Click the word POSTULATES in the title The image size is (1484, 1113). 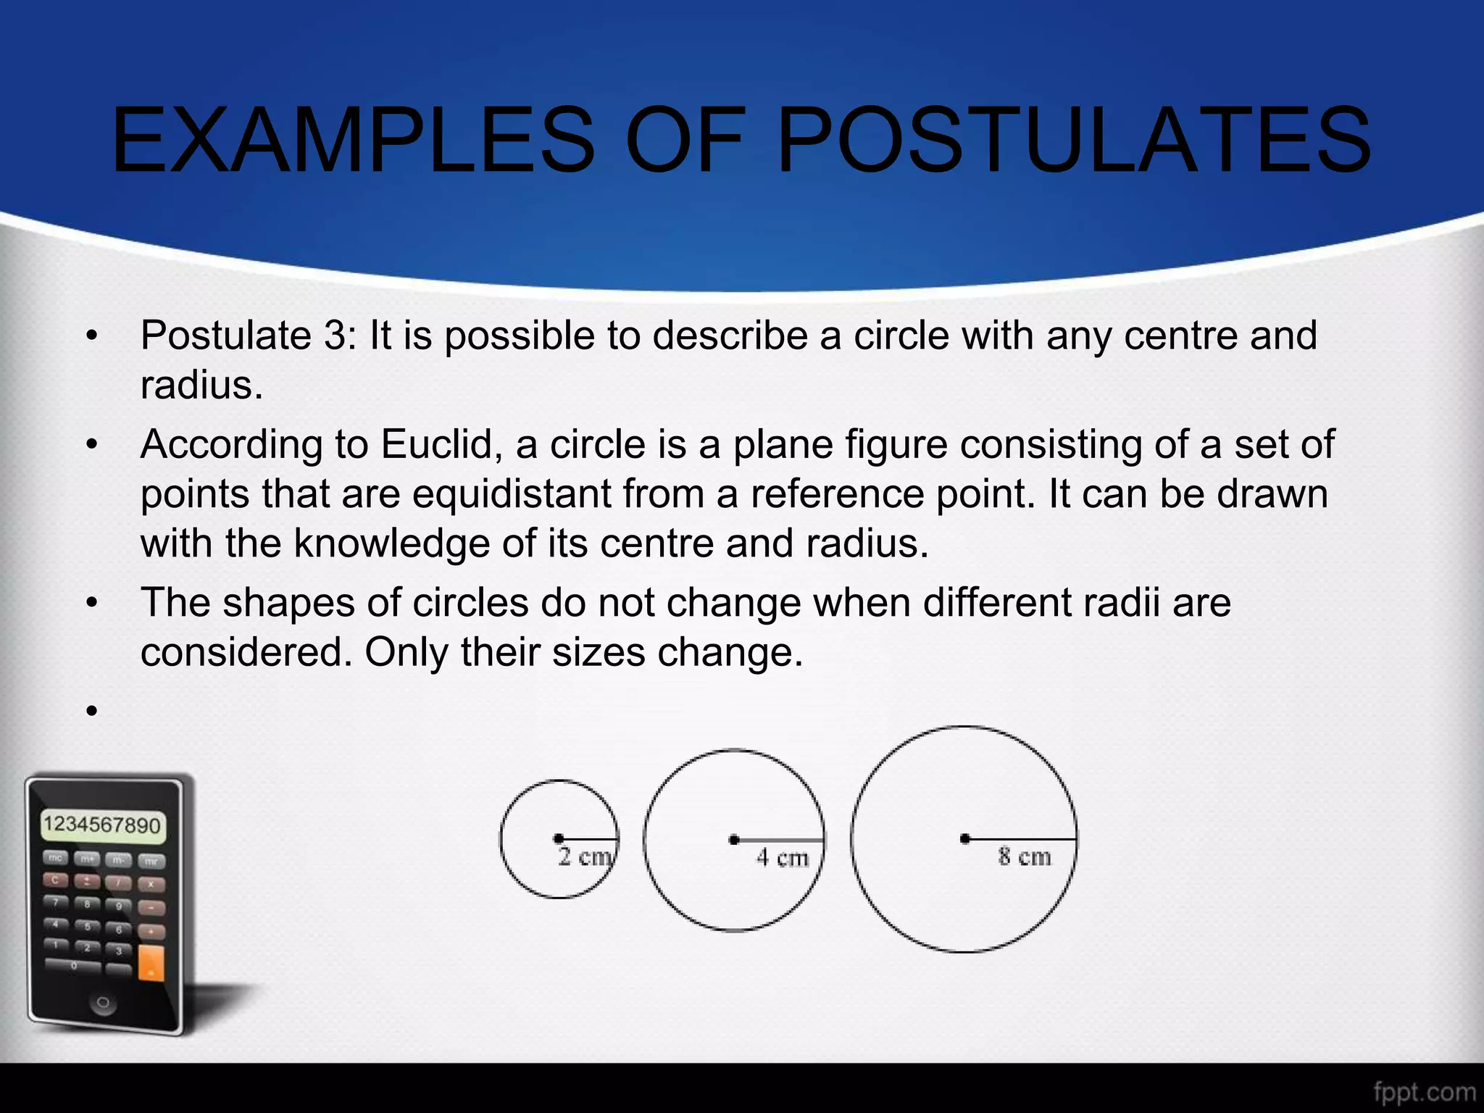click(x=1074, y=139)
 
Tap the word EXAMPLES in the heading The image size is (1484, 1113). click(x=354, y=139)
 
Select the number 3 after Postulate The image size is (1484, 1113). click(x=335, y=335)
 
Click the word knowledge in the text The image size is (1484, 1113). click(x=391, y=543)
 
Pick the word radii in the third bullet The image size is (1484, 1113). click(x=1122, y=602)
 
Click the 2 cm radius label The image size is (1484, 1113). click(x=585, y=856)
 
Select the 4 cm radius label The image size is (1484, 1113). click(x=782, y=858)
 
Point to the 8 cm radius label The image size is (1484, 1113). click(x=1024, y=856)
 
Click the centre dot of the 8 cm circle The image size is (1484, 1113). click(x=964, y=838)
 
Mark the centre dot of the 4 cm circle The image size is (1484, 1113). click(x=734, y=840)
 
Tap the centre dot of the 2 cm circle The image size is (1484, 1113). click(x=558, y=838)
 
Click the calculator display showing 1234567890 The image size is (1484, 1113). click(x=102, y=825)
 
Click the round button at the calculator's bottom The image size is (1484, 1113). click(x=103, y=1003)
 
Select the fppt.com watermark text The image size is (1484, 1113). click(x=1423, y=1091)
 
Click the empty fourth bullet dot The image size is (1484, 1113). click(x=91, y=711)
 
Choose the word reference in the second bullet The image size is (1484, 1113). click(x=836, y=494)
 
